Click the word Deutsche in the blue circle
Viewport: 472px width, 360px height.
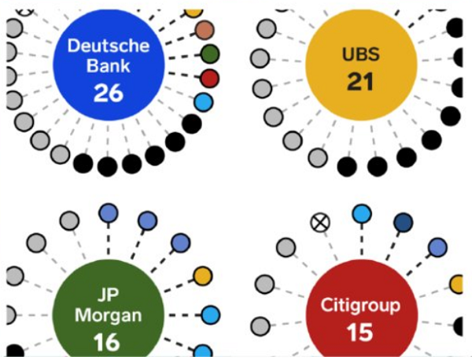click(x=109, y=46)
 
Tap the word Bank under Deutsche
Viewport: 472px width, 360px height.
click(x=109, y=66)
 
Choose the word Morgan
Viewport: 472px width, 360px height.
click(x=109, y=317)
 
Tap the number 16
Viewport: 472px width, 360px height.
click(x=109, y=343)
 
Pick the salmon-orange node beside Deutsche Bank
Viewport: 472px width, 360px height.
click(x=205, y=31)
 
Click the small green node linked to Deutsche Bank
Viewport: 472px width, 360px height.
click(x=209, y=54)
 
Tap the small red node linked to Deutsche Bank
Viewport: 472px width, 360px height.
click(x=209, y=78)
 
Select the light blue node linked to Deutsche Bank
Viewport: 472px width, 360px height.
click(x=203, y=102)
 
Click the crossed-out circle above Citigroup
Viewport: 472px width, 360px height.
click(x=319, y=222)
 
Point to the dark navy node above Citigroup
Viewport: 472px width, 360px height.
click(x=403, y=222)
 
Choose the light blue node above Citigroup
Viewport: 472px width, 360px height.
click(x=361, y=213)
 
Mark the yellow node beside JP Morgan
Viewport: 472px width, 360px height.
click(x=203, y=276)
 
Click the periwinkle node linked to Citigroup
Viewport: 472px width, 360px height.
click(x=437, y=248)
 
